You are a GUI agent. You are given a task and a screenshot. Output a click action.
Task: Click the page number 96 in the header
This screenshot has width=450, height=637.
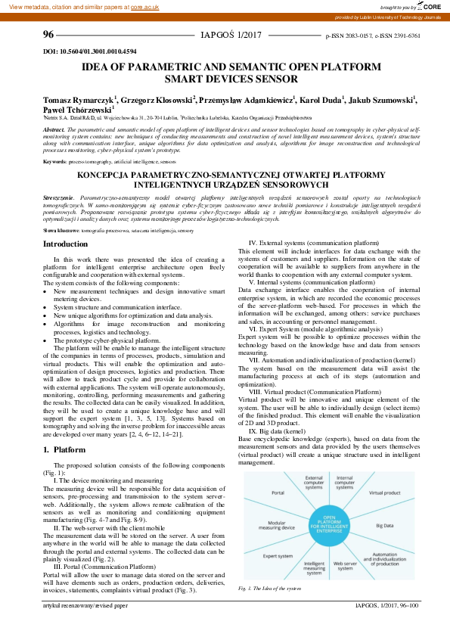[48, 35]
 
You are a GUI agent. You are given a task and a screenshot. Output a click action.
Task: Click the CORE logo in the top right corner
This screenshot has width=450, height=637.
[430, 6]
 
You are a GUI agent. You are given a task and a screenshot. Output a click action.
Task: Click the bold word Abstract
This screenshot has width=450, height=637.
[54, 129]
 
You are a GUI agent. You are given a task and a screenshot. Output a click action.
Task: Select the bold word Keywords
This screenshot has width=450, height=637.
[54, 162]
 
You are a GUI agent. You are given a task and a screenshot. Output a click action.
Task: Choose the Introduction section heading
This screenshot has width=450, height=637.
[66, 244]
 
